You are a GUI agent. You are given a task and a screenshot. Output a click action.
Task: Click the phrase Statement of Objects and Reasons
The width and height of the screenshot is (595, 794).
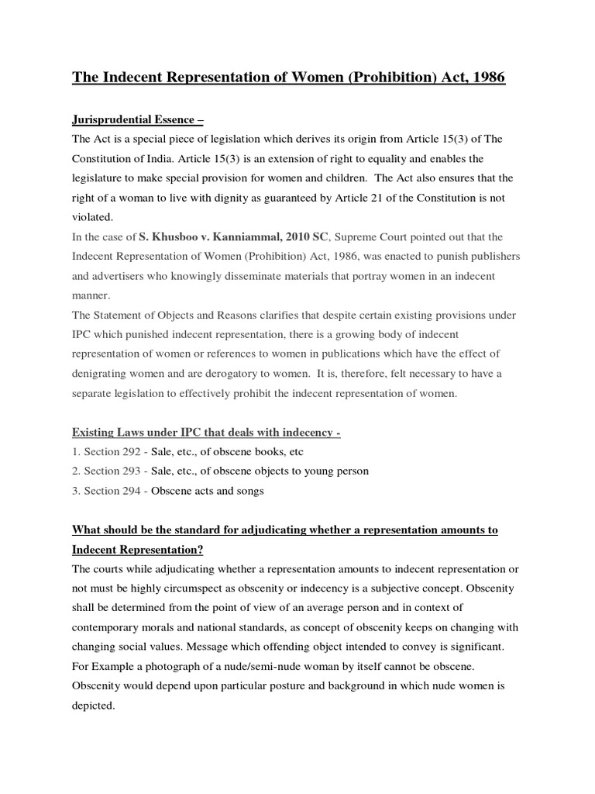coord(176,315)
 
